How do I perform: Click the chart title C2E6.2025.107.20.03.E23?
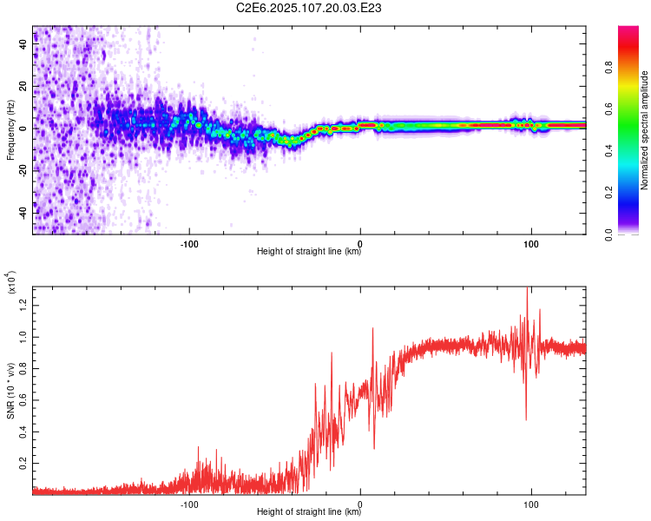click(x=308, y=8)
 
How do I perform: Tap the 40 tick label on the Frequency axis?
click(x=23, y=44)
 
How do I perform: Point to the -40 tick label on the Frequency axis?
click(x=23, y=214)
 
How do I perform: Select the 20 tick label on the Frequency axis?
click(x=23, y=87)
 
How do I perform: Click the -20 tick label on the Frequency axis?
click(x=23, y=171)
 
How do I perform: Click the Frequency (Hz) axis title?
click(x=10, y=130)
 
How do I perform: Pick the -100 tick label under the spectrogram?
click(x=189, y=244)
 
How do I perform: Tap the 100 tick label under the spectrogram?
click(x=531, y=244)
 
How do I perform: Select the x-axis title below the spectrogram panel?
click(x=309, y=251)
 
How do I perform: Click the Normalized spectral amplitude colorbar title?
click(x=644, y=130)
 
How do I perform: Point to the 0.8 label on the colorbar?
click(x=608, y=68)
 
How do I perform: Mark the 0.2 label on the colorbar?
click(x=608, y=193)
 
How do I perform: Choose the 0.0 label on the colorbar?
click(x=608, y=234)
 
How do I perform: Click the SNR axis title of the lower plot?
click(x=10, y=391)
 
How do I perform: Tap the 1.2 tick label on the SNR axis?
click(x=23, y=306)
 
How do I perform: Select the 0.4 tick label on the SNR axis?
click(x=23, y=432)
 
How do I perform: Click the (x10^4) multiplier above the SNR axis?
click(x=10, y=282)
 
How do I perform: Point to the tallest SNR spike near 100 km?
click(x=527, y=288)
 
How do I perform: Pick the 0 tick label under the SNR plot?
click(x=360, y=505)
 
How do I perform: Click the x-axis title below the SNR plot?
click(x=309, y=511)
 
